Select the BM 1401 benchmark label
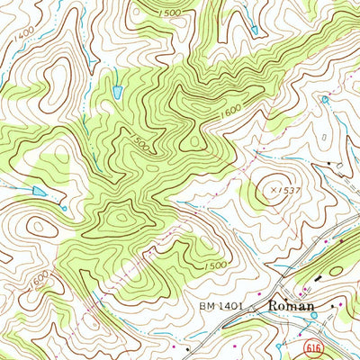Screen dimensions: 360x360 coord(221,308)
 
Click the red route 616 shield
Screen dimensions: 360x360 coord(310,346)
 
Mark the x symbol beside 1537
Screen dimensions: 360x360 coord(270,190)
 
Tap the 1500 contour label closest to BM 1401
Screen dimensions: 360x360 coord(215,265)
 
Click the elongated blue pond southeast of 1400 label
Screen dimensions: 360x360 coord(118,90)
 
